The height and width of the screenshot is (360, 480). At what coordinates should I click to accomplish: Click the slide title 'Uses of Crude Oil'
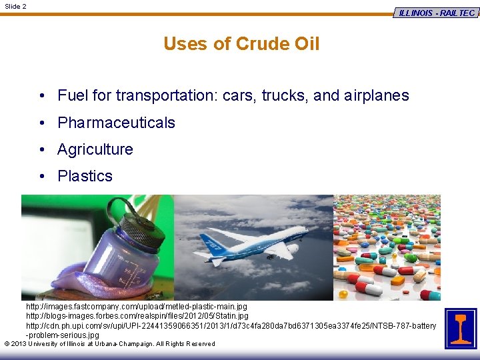point(241,44)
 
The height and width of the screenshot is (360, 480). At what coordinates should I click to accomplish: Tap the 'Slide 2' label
point(16,6)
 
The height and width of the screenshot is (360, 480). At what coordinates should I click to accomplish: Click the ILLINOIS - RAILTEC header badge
point(437,13)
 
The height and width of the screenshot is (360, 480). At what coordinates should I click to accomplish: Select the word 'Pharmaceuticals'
point(116,123)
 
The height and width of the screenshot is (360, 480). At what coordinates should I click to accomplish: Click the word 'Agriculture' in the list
point(95,149)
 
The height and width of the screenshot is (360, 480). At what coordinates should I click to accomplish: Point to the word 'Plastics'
point(85,176)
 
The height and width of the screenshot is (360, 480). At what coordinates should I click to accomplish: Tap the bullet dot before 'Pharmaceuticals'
point(41,123)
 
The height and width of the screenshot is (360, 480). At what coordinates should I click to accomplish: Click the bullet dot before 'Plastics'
point(41,176)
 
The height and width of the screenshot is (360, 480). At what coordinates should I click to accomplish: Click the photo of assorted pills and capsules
point(387,247)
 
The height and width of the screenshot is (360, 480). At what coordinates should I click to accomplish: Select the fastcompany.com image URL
point(136,307)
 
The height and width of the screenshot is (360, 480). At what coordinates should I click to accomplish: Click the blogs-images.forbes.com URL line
point(137,315)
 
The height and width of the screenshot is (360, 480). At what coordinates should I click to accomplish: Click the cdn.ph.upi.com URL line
point(231,325)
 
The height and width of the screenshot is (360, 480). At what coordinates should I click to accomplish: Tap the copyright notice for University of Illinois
point(109,344)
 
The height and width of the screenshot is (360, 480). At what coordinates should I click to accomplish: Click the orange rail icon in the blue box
point(461,328)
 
